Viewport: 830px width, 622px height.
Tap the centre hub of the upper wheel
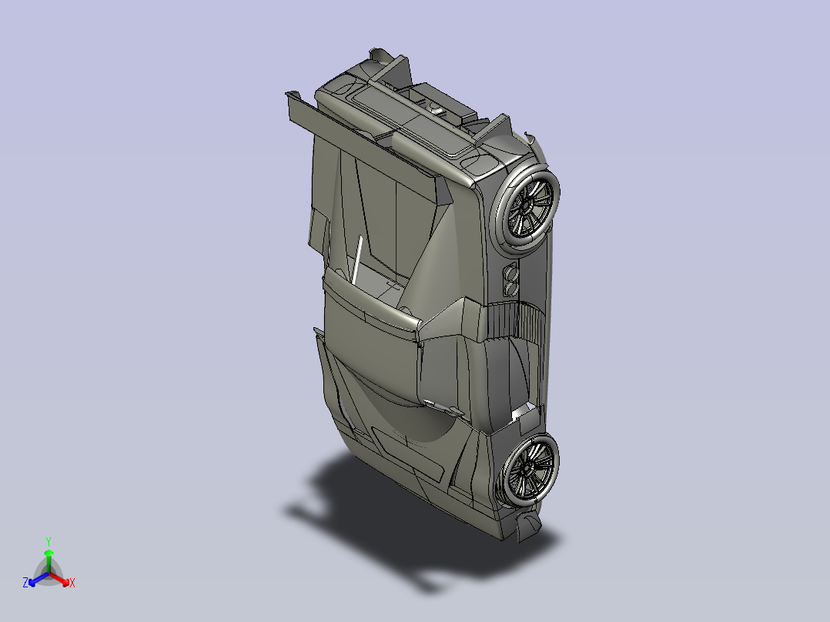pos(527,206)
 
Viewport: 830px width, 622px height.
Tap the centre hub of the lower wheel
pos(527,469)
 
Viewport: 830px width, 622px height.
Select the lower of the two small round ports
pos(510,288)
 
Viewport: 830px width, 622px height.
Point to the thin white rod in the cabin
pos(356,259)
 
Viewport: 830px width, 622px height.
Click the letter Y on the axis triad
pos(49,541)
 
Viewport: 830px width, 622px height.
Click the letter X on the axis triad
pos(72,583)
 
